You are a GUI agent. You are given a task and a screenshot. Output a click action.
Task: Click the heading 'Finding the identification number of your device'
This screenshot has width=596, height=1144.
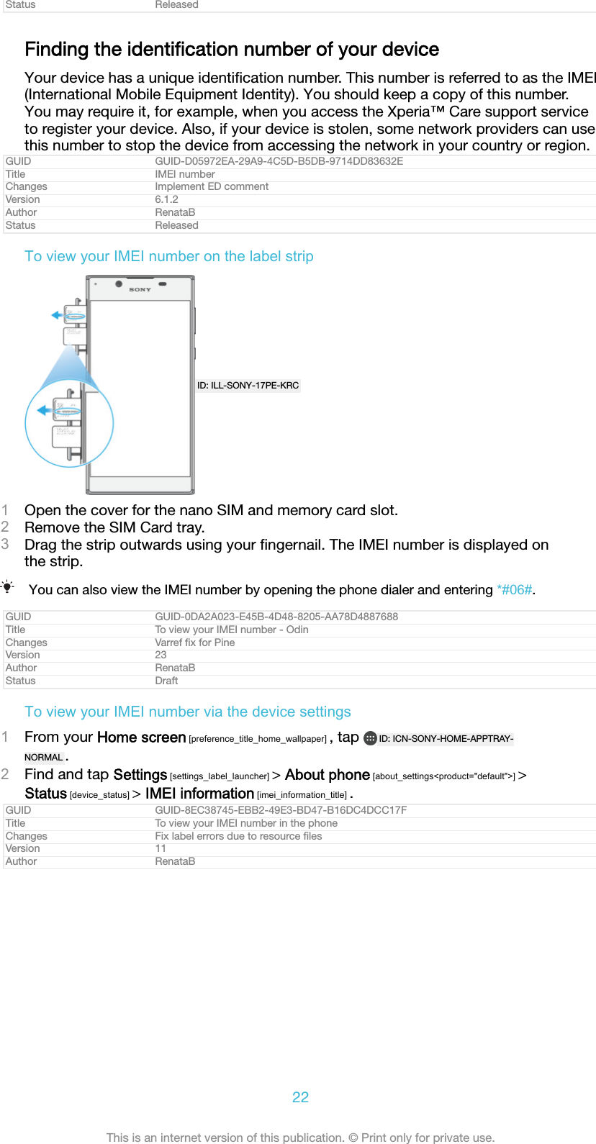(x=232, y=50)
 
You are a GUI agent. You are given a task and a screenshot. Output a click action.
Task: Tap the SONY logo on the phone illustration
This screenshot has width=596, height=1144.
(x=140, y=289)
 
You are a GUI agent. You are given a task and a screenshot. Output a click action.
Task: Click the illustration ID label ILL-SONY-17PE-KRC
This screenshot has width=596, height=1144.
(x=248, y=386)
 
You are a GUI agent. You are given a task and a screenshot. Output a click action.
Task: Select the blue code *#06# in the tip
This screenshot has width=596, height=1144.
(x=515, y=590)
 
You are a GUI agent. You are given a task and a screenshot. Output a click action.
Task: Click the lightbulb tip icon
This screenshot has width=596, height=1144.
(x=8, y=587)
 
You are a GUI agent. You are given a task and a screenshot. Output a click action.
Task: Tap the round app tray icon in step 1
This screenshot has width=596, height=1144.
(x=370, y=738)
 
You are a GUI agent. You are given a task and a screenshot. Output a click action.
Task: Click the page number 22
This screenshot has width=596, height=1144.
(x=300, y=1097)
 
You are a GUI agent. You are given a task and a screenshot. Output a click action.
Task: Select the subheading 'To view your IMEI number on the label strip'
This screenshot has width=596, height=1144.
(x=169, y=256)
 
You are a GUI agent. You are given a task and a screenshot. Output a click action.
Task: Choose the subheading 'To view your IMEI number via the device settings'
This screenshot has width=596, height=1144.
(x=188, y=712)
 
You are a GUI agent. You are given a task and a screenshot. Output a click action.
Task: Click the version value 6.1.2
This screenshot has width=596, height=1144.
(x=166, y=199)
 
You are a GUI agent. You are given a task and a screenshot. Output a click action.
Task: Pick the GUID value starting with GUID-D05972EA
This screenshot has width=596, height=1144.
(x=279, y=161)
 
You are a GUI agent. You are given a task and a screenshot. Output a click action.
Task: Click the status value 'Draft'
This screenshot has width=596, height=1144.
(x=166, y=681)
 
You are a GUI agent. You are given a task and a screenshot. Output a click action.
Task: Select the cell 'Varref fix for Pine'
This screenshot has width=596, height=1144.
(x=195, y=643)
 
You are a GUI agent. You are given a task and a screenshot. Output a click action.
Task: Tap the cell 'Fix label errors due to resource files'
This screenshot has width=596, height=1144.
(x=238, y=836)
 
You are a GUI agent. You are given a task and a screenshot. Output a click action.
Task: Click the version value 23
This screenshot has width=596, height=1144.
(x=161, y=655)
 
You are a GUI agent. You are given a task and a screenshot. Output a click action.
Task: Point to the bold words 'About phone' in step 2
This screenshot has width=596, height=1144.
(x=328, y=775)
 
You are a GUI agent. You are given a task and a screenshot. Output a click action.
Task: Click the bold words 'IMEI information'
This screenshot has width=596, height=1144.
(x=199, y=794)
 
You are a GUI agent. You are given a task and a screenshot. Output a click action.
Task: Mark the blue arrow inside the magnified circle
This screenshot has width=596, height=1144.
(x=44, y=410)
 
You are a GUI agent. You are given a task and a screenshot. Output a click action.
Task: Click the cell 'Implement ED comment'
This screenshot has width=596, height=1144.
(x=212, y=186)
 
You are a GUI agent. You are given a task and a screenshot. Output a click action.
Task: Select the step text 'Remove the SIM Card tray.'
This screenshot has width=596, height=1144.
(x=114, y=527)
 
